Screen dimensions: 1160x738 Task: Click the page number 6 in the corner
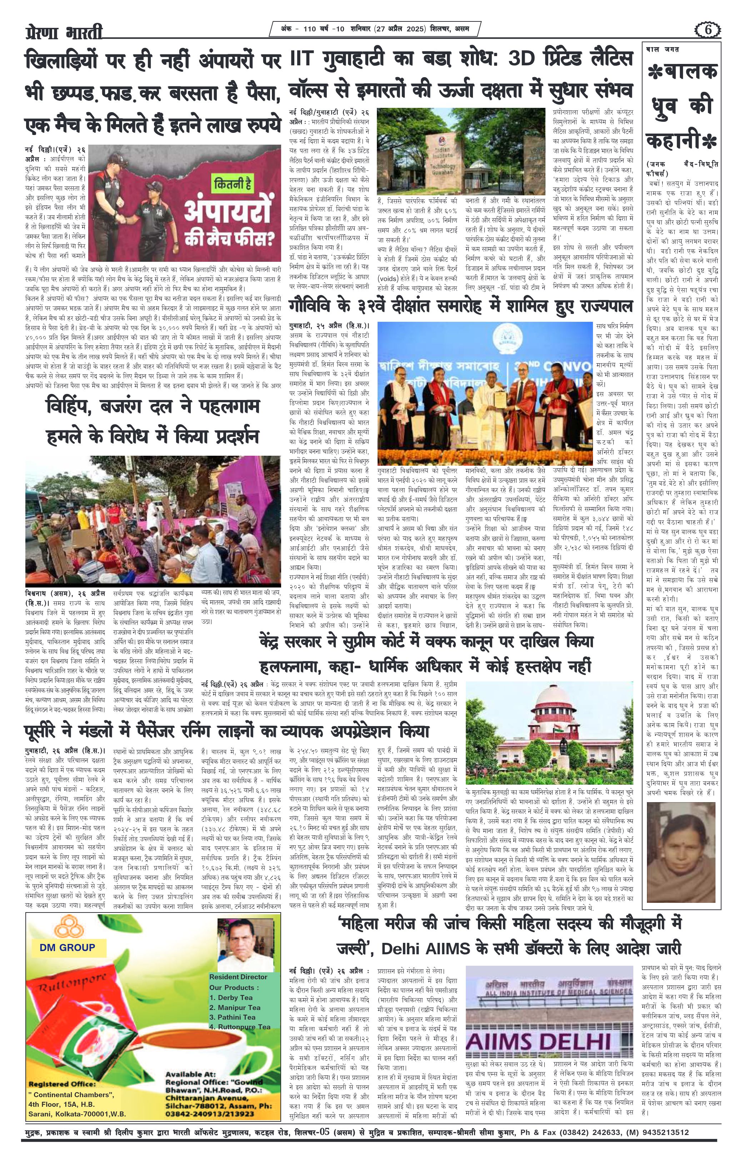(708, 30)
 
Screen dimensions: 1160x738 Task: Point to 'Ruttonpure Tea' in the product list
(239, 1026)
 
